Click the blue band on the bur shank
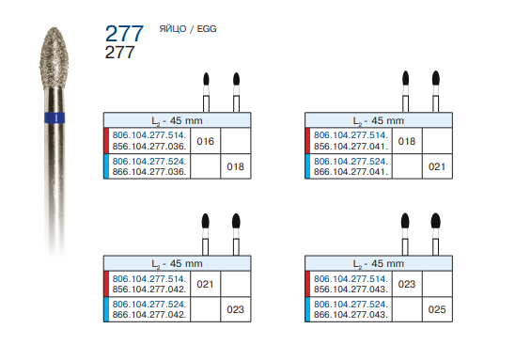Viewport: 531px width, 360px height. pyautogui.click(x=55, y=117)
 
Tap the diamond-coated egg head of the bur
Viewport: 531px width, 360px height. pyautogui.click(x=55, y=57)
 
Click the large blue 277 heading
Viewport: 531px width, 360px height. pyautogui.click(x=124, y=34)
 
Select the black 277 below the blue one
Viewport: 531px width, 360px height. pyautogui.click(x=119, y=53)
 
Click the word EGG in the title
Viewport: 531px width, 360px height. pyautogui.click(x=207, y=29)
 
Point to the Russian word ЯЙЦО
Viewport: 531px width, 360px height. pyautogui.click(x=173, y=29)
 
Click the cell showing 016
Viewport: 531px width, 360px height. pyautogui.click(x=205, y=141)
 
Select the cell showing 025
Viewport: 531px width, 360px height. pyautogui.click(x=437, y=309)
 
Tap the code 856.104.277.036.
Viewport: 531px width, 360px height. pyautogui.click(x=149, y=147)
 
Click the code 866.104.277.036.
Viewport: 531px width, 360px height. pyautogui.click(x=149, y=172)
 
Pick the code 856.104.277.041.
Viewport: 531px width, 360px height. pyautogui.click(x=351, y=147)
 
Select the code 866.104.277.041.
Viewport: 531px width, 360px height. pyautogui.click(x=351, y=172)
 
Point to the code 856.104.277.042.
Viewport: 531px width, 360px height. pyautogui.click(x=149, y=290)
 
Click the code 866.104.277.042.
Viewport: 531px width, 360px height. pyautogui.click(x=149, y=315)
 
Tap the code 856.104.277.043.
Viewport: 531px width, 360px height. pyautogui.click(x=351, y=290)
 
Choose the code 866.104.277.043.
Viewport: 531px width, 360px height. pyautogui.click(x=351, y=315)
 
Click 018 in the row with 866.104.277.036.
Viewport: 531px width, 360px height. pyautogui.click(x=235, y=166)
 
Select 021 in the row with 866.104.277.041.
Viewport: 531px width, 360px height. pyautogui.click(x=437, y=166)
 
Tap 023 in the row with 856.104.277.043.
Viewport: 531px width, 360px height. pyautogui.click(x=407, y=284)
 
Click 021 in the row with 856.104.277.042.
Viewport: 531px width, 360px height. pyautogui.click(x=205, y=284)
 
